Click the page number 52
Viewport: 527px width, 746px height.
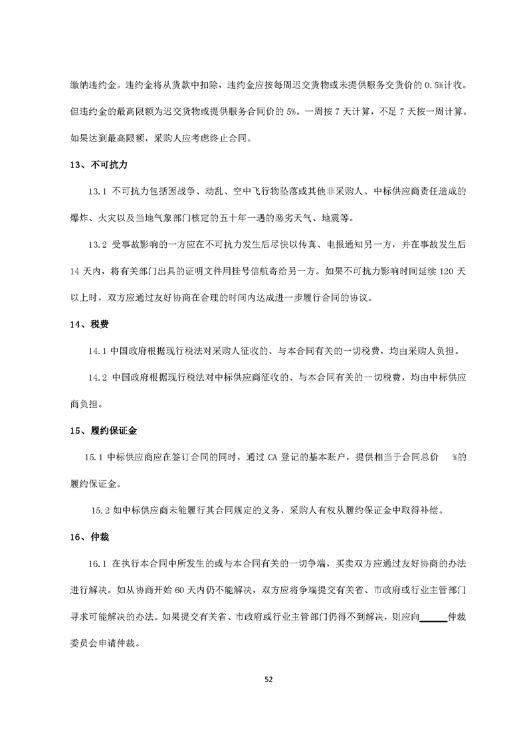click(268, 680)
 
